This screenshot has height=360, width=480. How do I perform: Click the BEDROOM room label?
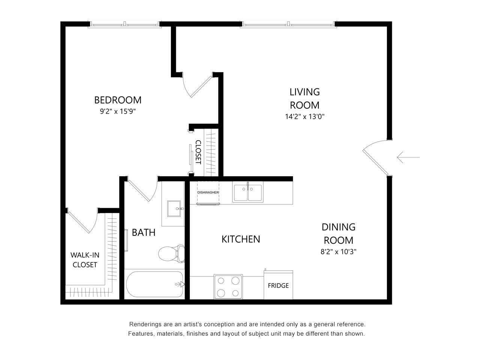tap(118, 100)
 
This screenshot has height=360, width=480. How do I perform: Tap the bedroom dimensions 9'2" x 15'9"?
tap(118, 111)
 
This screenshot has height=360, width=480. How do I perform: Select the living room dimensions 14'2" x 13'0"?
tap(304, 117)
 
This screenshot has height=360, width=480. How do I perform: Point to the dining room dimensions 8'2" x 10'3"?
tap(338, 252)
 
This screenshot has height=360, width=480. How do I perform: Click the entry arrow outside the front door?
tap(408, 157)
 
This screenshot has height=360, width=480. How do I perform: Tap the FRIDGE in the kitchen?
tap(278, 285)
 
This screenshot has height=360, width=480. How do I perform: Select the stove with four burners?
tap(228, 287)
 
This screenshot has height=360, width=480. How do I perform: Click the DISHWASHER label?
tap(208, 192)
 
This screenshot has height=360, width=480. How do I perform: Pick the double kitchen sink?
tap(247, 192)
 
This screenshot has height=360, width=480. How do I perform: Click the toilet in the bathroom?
tap(171, 253)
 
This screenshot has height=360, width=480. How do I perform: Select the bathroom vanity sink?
tap(173, 209)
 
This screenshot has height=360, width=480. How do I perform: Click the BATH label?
tap(144, 232)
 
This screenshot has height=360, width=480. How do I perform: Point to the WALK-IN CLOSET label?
tap(85, 260)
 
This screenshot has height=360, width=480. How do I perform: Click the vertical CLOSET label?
tap(198, 152)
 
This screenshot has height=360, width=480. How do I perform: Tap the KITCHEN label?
tap(241, 239)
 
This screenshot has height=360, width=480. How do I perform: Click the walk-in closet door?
tap(79, 222)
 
